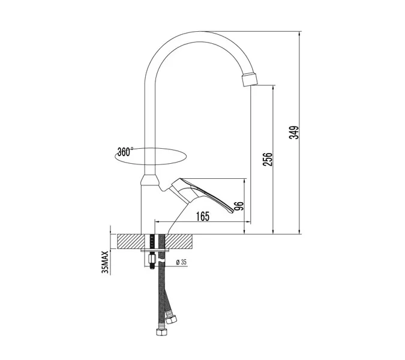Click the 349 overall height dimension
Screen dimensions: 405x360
293,133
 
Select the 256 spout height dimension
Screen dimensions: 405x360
268,160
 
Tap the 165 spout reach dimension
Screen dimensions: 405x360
203,216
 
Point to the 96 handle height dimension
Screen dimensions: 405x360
240,206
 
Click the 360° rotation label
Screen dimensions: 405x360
125,152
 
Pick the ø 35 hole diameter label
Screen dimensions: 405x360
181,262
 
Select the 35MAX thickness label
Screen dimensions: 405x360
105,262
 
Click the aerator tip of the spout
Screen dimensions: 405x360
250,80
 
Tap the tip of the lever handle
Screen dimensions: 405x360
232,211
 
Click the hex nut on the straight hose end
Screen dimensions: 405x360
162,332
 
